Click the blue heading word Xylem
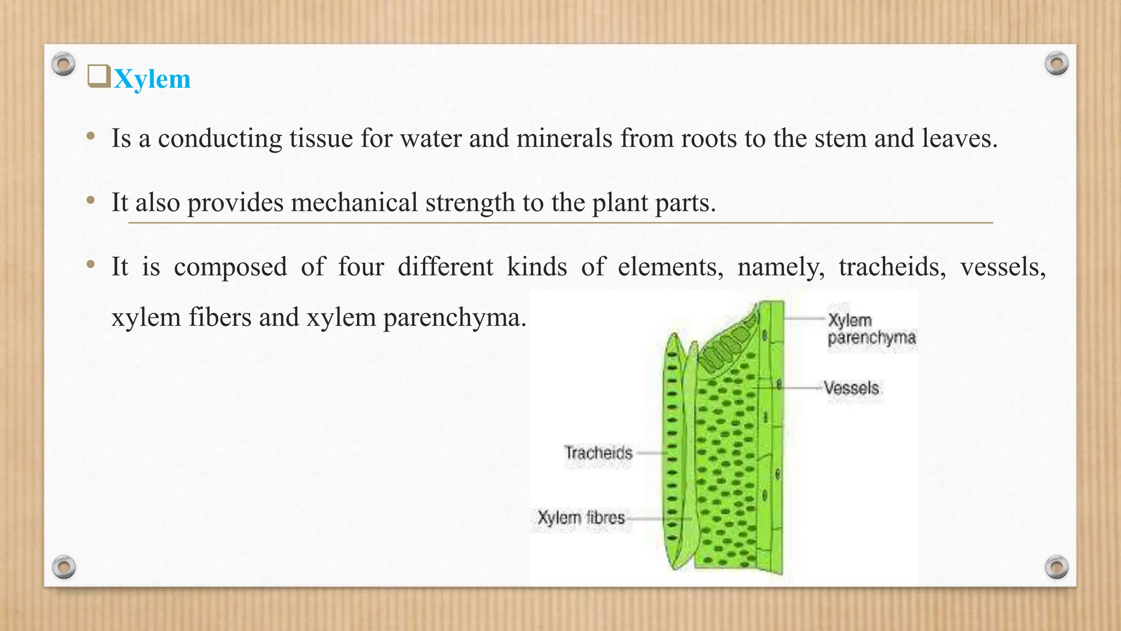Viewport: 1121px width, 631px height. coord(152,79)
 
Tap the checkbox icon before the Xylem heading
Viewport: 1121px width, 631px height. coord(99,77)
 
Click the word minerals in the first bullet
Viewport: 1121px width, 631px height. coord(564,138)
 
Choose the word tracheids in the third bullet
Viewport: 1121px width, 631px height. coord(892,267)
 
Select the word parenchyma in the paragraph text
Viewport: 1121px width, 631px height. coord(454,318)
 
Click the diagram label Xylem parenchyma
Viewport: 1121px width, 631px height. coord(871,329)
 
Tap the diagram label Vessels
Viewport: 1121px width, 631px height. coord(852,388)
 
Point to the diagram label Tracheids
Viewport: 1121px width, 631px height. coord(598,453)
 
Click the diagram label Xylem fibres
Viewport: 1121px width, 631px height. coord(581,518)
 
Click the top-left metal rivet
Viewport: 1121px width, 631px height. coord(63,64)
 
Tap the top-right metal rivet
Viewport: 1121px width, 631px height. coord(1056,64)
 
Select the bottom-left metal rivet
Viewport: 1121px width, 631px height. coord(63,567)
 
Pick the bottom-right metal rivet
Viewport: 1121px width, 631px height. coord(1056,567)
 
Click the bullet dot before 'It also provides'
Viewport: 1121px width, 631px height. coord(91,200)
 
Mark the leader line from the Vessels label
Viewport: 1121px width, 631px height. coord(802,388)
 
